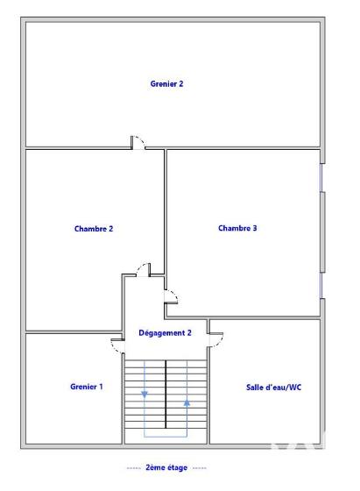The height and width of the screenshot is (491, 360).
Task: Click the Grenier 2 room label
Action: [x=167, y=84]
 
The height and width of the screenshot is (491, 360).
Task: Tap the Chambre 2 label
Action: [x=94, y=229]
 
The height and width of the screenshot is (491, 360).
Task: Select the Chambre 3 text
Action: [x=237, y=228]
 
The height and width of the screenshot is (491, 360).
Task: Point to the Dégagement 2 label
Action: [x=165, y=333]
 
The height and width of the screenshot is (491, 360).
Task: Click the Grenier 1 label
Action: [x=87, y=387]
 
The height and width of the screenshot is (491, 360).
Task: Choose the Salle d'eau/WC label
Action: [x=274, y=387]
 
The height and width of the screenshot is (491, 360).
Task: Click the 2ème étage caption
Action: [x=166, y=468]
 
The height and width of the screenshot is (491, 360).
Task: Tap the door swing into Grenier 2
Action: [x=138, y=141]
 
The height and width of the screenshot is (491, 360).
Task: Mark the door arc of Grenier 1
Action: [x=116, y=344]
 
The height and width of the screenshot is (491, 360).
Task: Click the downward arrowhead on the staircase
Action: [x=145, y=394]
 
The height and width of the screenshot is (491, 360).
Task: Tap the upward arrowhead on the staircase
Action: [x=187, y=402]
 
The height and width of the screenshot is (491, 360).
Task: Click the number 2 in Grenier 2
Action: [x=180, y=84]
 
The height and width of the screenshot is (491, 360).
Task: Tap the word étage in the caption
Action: [x=178, y=468]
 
